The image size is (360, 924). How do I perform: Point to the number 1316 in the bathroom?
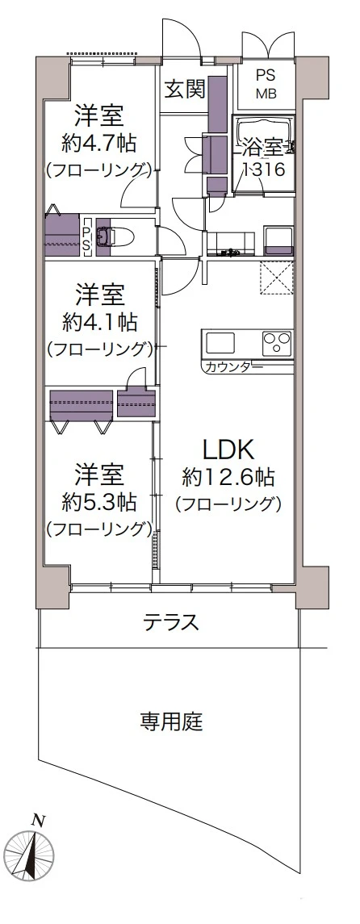(x=265, y=169)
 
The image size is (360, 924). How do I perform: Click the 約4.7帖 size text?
(x=100, y=143)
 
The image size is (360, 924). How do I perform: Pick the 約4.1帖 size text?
(x=100, y=322)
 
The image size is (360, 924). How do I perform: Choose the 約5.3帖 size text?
(x=100, y=502)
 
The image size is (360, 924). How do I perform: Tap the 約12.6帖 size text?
(x=229, y=477)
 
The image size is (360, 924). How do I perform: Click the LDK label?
(x=228, y=450)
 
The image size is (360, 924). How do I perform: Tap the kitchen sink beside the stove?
(x=220, y=342)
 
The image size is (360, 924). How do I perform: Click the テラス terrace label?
(x=171, y=622)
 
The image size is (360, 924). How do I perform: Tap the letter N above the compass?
(x=39, y=820)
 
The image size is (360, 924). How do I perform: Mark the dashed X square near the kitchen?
(x=276, y=278)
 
